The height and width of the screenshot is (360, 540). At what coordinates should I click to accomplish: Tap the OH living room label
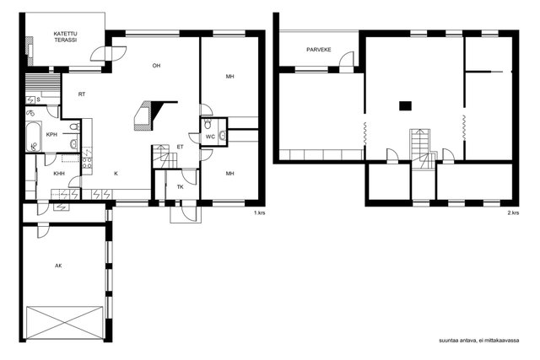[x=156, y=66]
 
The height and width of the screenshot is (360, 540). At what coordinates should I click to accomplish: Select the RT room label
[x=82, y=94]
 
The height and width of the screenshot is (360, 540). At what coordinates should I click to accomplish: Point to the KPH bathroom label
[x=51, y=135]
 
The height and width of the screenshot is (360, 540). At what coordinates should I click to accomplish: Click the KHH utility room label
[x=58, y=174]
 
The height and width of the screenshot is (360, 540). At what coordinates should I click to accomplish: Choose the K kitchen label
[x=116, y=174]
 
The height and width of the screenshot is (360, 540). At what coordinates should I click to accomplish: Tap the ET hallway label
[x=180, y=147]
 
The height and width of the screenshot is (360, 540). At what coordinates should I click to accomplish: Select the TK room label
[x=180, y=186]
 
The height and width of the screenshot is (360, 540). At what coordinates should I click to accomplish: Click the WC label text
[x=210, y=137]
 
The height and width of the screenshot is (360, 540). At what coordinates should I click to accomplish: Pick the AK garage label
[x=57, y=266]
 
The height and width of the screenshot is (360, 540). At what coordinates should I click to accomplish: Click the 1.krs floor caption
[x=259, y=213]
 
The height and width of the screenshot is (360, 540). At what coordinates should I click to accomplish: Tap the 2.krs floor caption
[x=513, y=213]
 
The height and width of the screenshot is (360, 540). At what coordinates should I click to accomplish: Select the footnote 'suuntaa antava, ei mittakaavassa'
[x=478, y=340]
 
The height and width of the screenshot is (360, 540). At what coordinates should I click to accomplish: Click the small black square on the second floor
[x=405, y=105]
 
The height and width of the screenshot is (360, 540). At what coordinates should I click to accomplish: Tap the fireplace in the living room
[x=145, y=116]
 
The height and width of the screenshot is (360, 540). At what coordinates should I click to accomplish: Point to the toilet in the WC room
[x=223, y=136]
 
